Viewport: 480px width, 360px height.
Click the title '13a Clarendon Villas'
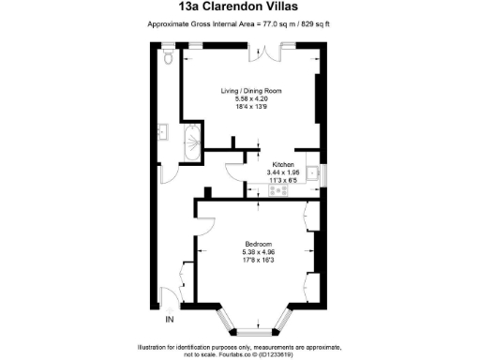point(240,8)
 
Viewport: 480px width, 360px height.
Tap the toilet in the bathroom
point(167,58)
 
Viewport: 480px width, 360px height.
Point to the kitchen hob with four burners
point(278,191)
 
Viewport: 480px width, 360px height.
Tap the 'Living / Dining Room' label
point(251,91)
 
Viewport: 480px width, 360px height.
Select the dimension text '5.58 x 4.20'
point(251,98)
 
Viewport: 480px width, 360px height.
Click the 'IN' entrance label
point(170,321)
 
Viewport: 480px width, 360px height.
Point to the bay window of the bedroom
point(250,324)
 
